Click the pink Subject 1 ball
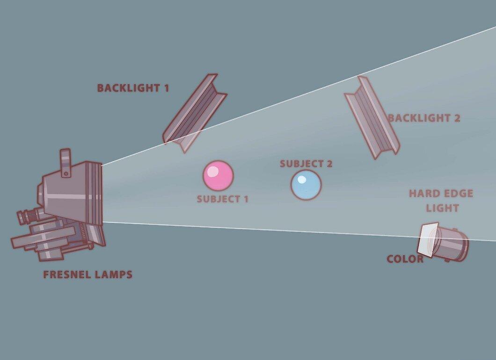(218, 176)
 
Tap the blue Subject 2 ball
(306, 185)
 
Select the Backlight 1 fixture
(194, 113)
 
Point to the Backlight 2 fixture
(372, 117)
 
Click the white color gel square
(428, 238)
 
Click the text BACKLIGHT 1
(133, 88)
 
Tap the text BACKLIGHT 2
(424, 118)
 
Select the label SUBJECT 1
(223, 199)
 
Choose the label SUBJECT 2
(306, 164)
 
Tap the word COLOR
(405, 259)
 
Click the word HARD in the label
(424, 194)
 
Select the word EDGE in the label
(458, 194)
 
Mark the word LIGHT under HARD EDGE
(442, 208)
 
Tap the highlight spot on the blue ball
(302, 180)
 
